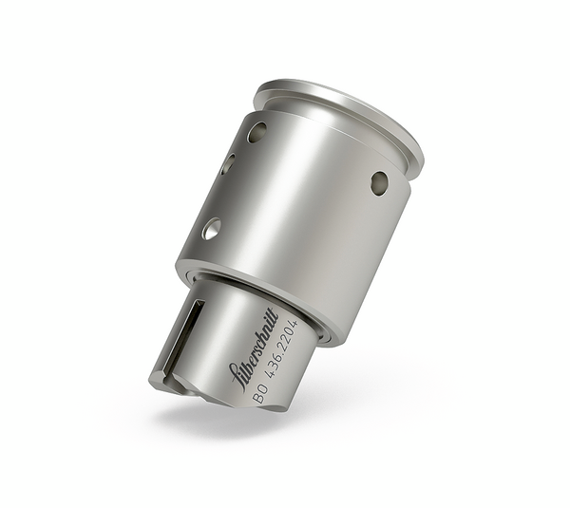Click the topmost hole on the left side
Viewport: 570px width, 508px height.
tap(256, 133)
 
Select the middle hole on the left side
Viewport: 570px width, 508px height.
tap(228, 164)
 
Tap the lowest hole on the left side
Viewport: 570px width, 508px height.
tap(211, 228)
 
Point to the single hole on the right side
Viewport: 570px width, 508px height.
tap(379, 182)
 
